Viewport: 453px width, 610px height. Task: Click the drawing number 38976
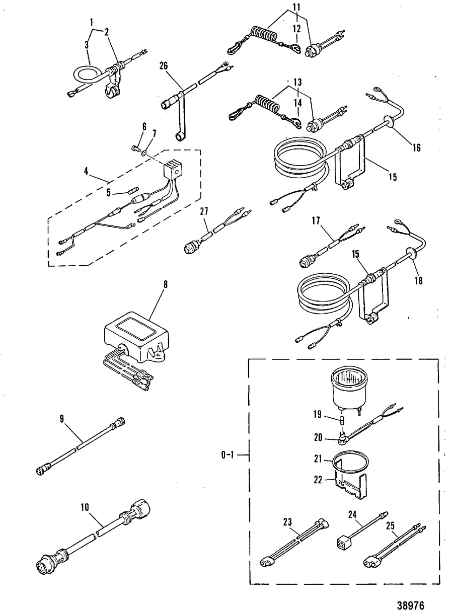pos(410,598)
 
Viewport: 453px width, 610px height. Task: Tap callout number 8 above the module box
pos(165,284)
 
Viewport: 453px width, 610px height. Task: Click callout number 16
pos(416,147)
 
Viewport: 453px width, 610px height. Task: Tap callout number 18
pos(418,280)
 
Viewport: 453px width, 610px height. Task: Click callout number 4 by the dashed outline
pos(86,172)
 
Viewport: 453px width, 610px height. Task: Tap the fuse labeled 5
pos(133,190)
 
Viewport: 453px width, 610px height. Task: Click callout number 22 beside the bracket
pos(318,480)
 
